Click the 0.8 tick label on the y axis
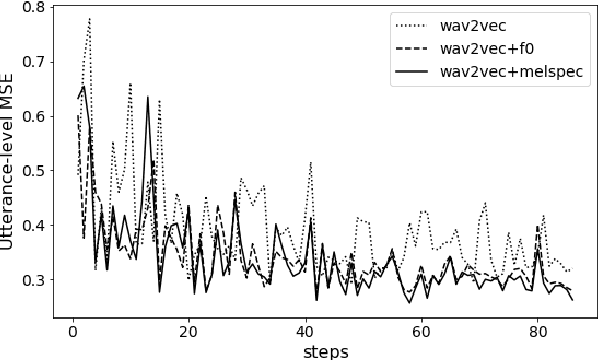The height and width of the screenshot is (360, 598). pyautogui.click(x=33, y=8)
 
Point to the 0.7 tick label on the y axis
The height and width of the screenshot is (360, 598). pyautogui.click(x=33, y=62)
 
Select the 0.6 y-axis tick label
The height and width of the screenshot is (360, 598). pyautogui.click(x=33, y=116)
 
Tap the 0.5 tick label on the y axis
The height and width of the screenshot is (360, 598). pyautogui.click(x=33, y=171)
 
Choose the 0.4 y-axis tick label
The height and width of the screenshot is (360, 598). pyautogui.click(x=33, y=225)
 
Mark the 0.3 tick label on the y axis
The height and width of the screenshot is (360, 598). pyautogui.click(x=33, y=279)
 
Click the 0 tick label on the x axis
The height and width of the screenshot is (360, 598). pyautogui.click(x=73, y=329)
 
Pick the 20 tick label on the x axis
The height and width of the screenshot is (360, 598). pyautogui.click(x=189, y=329)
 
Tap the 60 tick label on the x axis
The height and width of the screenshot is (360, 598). pyautogui.click(x=421, y=329)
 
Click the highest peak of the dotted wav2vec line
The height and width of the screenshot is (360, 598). pyautogui.click(x=90, y=18)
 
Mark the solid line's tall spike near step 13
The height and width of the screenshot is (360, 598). pyautogui.click(x=148, y=97)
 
